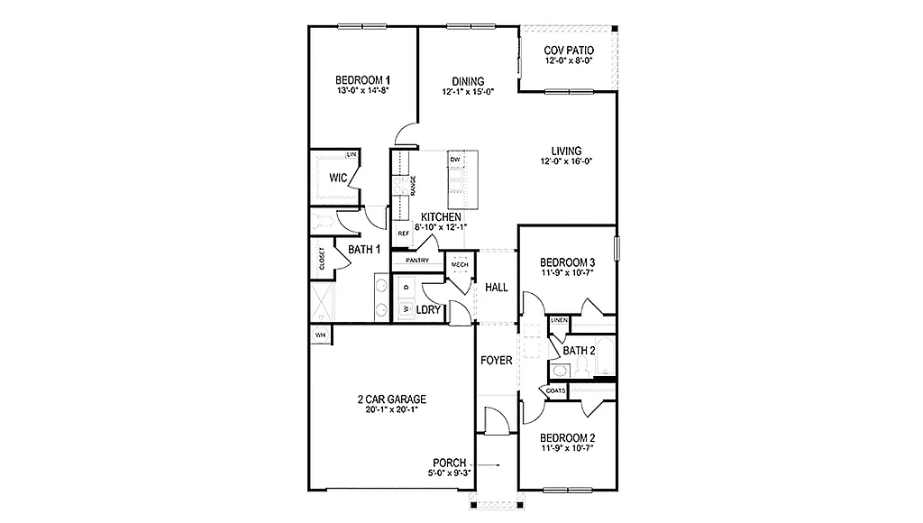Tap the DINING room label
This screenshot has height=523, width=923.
tap(468, 81)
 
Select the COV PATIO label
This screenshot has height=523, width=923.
tap(569, 50)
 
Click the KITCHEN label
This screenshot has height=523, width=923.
tap(441, 217)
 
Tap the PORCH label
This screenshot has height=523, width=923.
tap(450, 463)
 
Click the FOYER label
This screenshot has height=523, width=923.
tap(496, 360)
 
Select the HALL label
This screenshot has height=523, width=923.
tap(497, 288)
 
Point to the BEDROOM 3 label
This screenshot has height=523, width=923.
tap(567, 262)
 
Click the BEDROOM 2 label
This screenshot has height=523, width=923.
tap(567, 438)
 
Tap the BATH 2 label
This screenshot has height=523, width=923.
tap(580, 350)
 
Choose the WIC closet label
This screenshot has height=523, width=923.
tap(338, 178)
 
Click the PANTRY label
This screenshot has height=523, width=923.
tap(416, 260)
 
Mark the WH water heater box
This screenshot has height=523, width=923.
tap(319, 335)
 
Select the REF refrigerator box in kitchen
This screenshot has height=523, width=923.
tap(404, 233)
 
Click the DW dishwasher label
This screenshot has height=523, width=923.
tap(455, 160)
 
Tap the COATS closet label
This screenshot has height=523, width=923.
tap(555, 390)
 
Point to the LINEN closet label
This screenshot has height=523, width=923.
tap(559, 321)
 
